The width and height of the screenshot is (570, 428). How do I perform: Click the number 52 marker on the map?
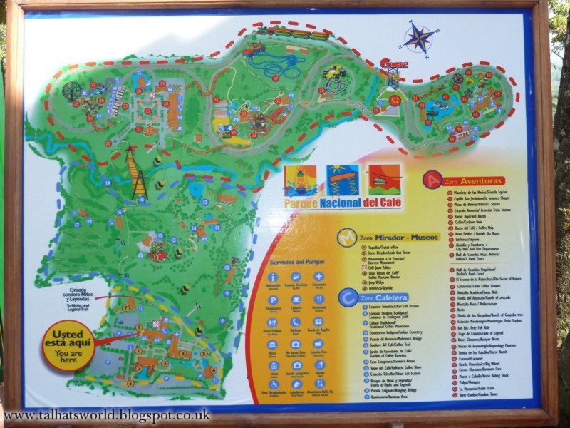coord(395,101)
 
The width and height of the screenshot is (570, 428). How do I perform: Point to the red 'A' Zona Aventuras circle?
coord(431,180)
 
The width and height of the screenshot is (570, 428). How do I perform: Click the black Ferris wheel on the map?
coord(72,91)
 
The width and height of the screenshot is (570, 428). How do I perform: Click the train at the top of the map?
coord(299,33)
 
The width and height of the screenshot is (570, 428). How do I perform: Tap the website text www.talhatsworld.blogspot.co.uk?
coord(107,415)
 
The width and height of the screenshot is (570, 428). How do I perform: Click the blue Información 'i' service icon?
coord(271,277)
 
